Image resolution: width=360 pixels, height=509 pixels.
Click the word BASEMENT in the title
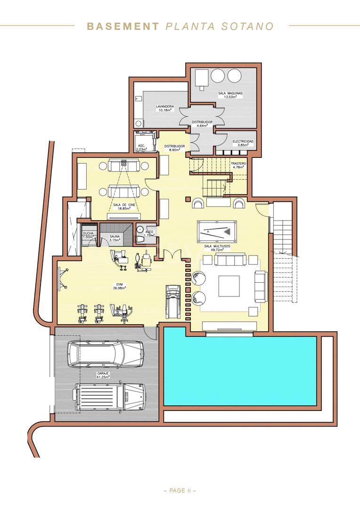[123, 26]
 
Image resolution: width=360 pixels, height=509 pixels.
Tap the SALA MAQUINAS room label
[230, 95]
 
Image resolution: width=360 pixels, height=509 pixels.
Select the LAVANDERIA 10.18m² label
[165, 108]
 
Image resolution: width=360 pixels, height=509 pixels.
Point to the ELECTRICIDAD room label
[243, 143]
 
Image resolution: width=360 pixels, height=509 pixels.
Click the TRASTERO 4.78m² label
[238, 165]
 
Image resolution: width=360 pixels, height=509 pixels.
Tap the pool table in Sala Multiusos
[217, 231]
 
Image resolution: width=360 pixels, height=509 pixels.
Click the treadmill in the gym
[172, 302]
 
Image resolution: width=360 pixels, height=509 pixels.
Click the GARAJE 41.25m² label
[103, 375]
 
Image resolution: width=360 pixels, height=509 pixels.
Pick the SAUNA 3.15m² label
[115, 238]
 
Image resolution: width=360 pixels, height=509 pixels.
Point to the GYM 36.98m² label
[120, 286]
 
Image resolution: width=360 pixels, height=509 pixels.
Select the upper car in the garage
[106, 354]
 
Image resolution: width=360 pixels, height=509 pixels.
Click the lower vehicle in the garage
[109, 397]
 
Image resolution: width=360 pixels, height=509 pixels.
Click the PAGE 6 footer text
[180, 491]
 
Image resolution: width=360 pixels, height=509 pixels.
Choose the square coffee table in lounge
[229, 286]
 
